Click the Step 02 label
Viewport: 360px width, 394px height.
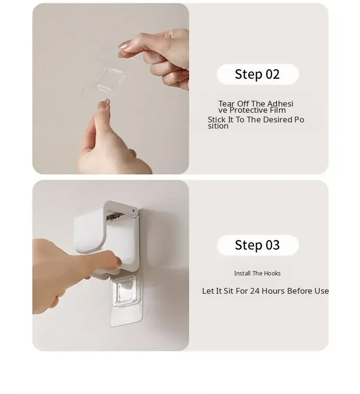tap(257, 74)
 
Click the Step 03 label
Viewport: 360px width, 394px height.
tap(257, 245)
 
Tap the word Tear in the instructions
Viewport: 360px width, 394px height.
tap(226, 104)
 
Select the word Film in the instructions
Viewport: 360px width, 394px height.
tap(278, 110)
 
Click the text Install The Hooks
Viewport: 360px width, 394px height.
tap(257, 274)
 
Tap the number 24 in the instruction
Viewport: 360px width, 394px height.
tap(255, 291)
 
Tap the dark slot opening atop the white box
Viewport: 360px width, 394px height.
tap(115, 216)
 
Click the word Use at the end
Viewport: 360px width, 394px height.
tap(320, 291)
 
